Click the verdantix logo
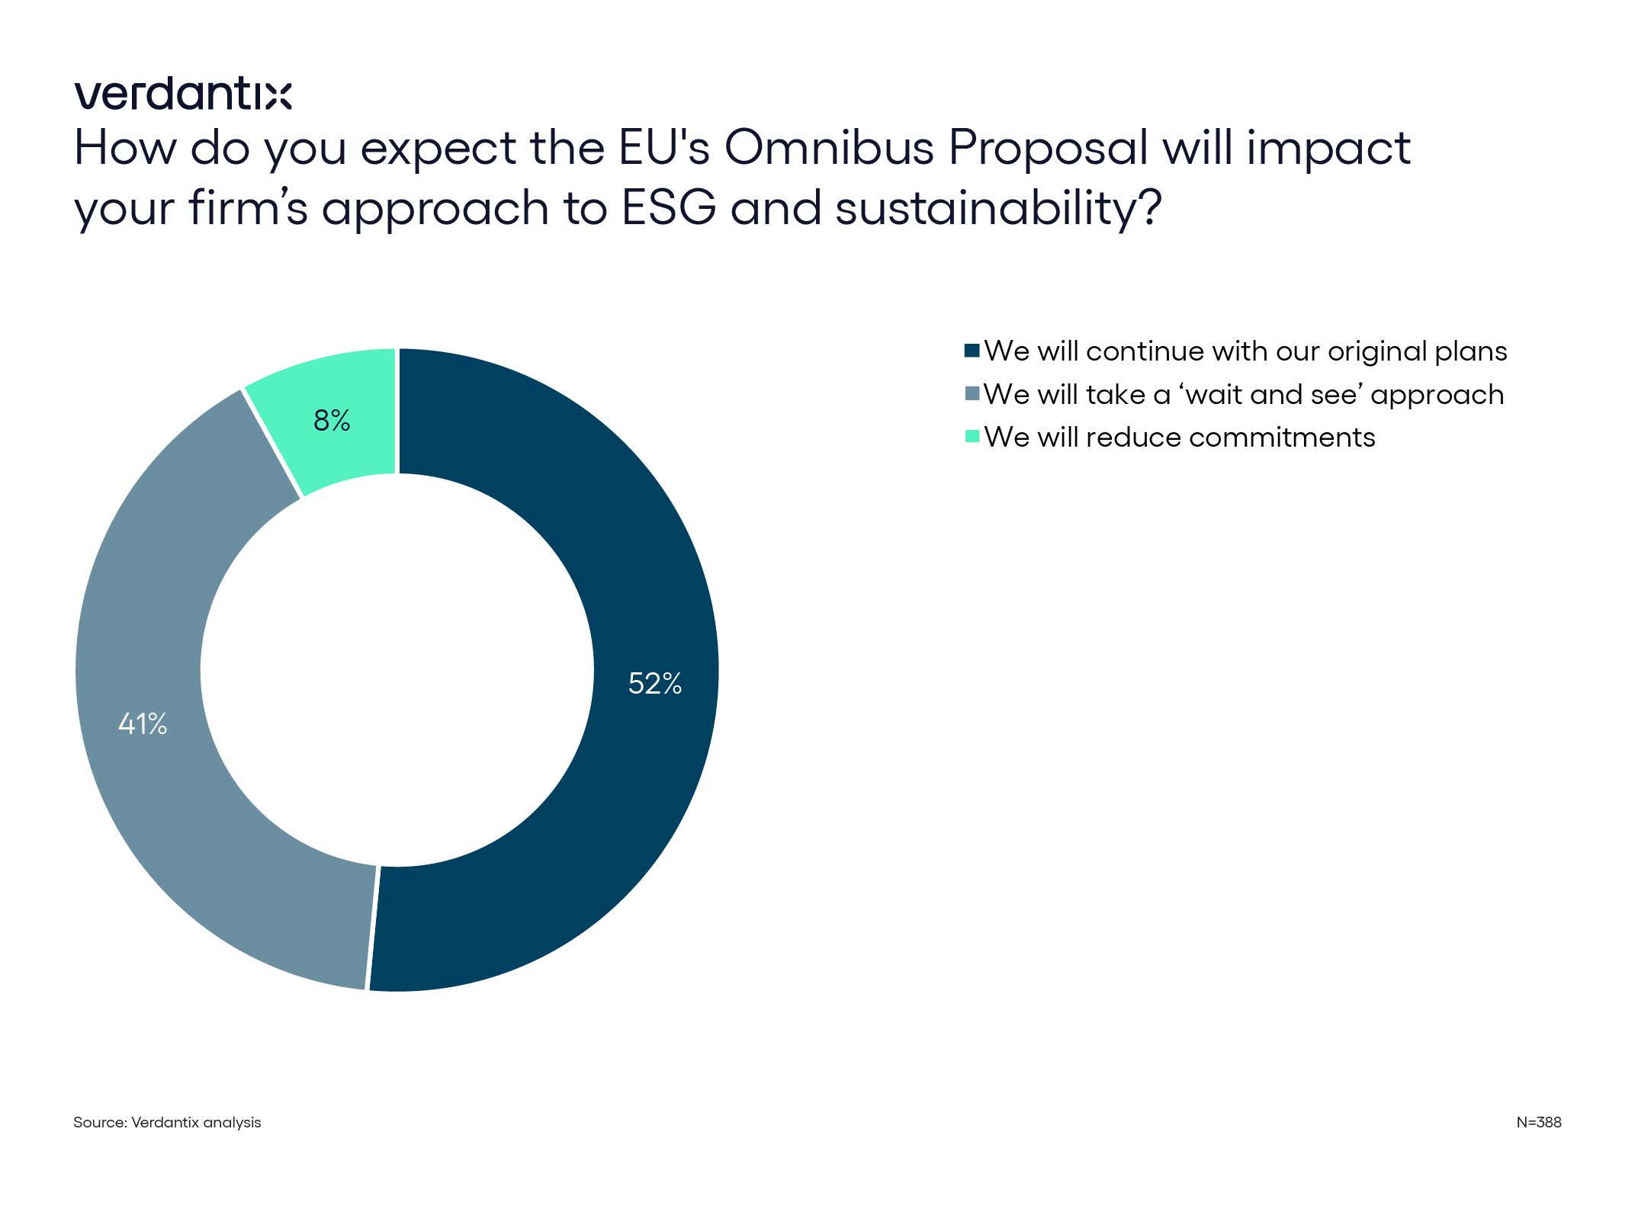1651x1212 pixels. (183, 95)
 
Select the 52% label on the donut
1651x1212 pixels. (654, 683)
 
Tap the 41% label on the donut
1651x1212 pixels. (143, 723)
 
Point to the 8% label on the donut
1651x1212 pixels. (332, 420)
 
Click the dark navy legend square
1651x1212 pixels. (972, 351)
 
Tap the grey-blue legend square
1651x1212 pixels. (972, 394)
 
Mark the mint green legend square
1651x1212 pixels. (972, 437)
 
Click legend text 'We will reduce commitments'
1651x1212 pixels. (1179, 438)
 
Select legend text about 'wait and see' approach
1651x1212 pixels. (1243, 395)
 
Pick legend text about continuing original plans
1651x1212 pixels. (1245, 351)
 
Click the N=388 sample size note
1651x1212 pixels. (1538, 1122)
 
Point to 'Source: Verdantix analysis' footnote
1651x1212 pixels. (167, 1122)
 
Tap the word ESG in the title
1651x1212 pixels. (669, 207)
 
